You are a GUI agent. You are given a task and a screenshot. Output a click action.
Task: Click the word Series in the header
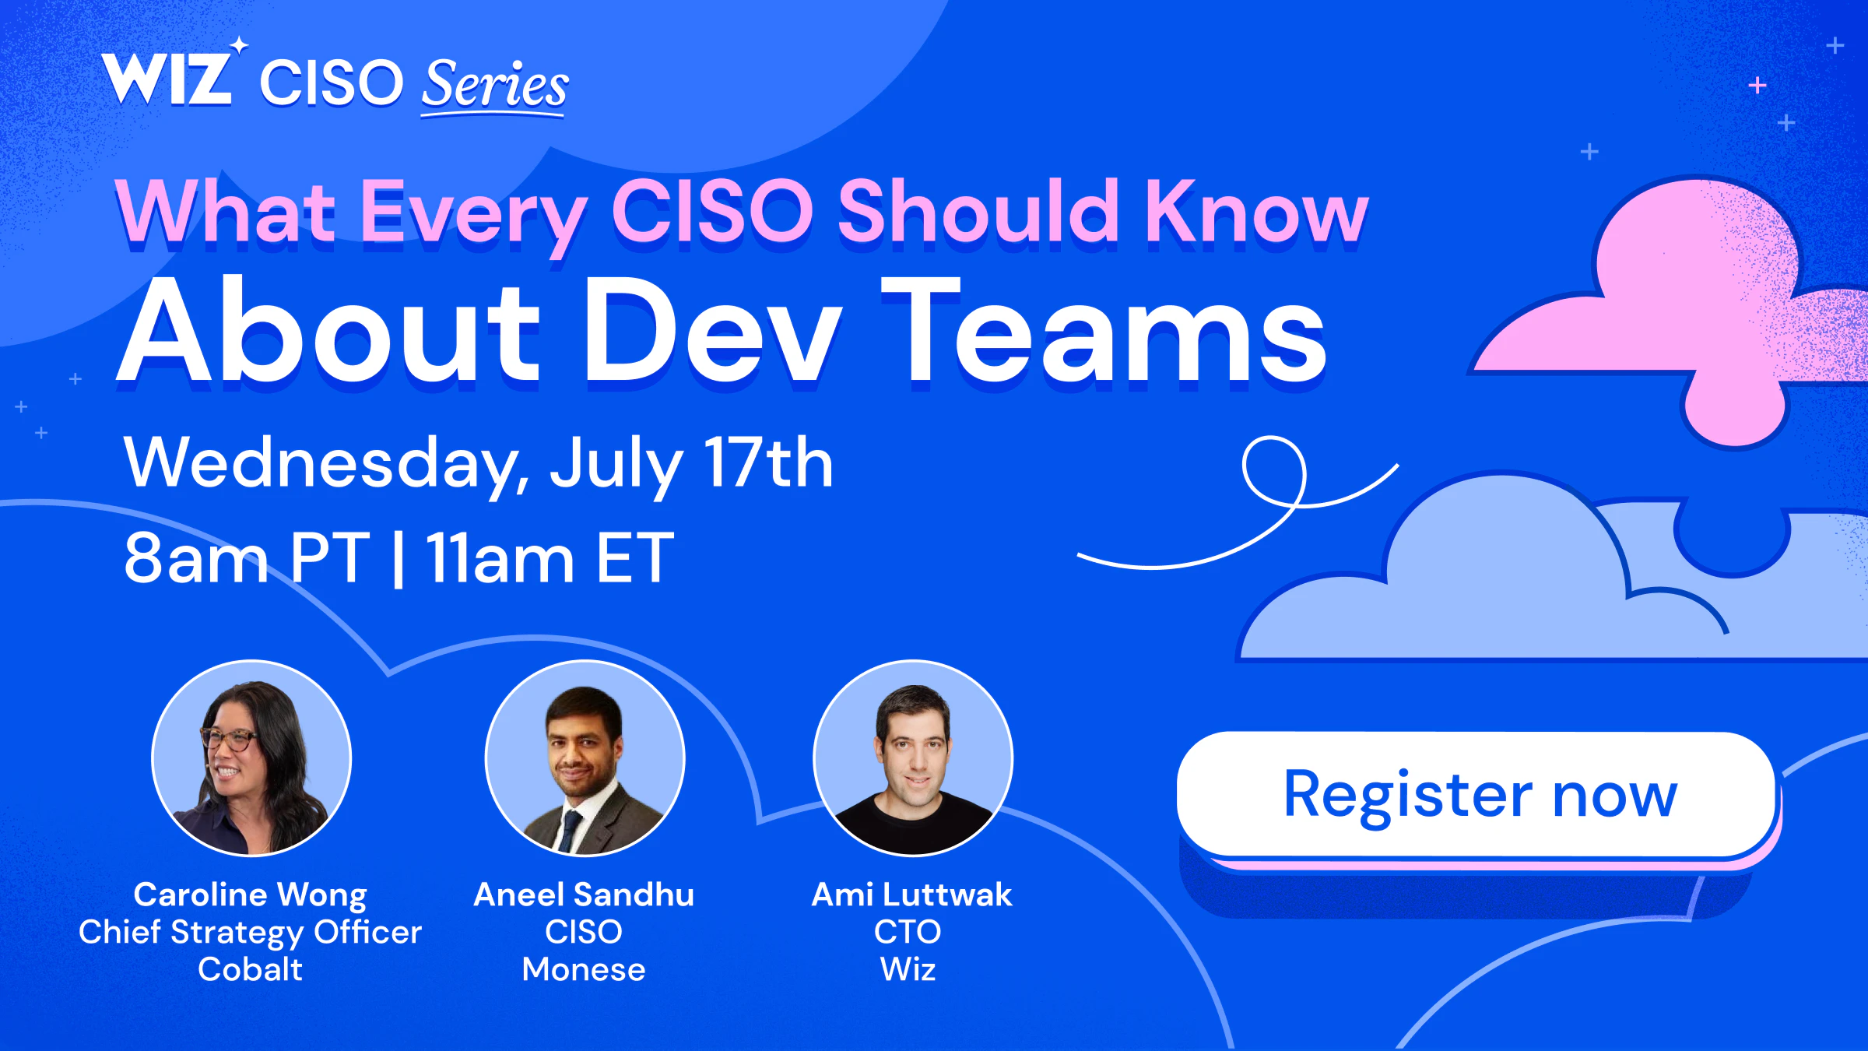[x=495, y=86]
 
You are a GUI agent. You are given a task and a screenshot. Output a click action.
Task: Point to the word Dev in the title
[x=712, y=330]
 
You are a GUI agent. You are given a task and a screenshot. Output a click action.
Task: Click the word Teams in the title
[x=1104, y=330]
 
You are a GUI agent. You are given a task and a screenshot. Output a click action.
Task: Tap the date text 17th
[x=768, y=462]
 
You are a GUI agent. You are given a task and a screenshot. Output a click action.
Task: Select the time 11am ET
[x=550, y=557]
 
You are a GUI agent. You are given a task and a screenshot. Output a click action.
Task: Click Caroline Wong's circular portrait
[x=251, y=758]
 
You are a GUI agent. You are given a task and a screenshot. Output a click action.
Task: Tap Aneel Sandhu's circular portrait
[x=585, y=758]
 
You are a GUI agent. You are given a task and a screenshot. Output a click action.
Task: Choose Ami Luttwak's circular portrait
[x=913, y=758]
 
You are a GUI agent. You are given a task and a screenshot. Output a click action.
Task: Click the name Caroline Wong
[x=250, y=895]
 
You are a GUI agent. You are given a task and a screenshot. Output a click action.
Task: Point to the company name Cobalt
[x=250, y=969]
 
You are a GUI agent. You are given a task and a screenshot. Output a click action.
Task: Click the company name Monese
[x=584, y=969]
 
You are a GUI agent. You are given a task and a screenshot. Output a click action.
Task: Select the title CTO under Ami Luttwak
[x=908, y=931]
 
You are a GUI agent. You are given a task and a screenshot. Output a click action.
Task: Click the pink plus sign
[x=1757, y=85]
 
